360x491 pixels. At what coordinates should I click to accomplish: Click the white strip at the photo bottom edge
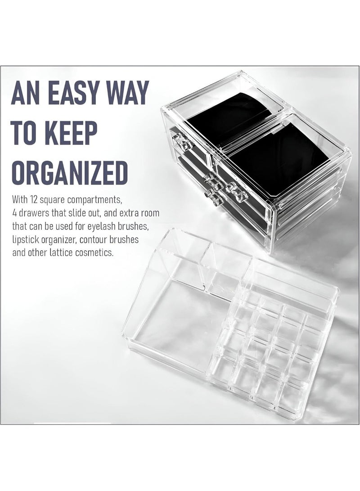72,423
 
